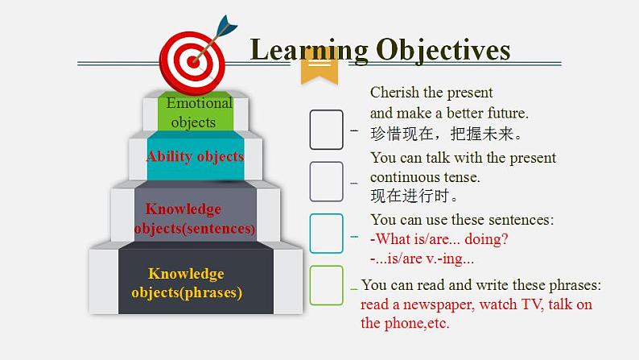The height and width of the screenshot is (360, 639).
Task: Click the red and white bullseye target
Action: click(x=192, y=63)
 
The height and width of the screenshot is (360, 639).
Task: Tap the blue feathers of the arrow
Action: click(x=227, y=25)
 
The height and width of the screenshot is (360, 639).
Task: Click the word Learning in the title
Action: click(x=309, y=51)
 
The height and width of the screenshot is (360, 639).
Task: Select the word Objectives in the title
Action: click(x=443, y=51)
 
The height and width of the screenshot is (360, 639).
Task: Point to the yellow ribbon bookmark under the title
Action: click(x=319, y=71)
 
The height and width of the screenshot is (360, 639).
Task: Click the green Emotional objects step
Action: click(x=196, y=112)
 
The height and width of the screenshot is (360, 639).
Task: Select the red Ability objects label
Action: click(x=196, y=156)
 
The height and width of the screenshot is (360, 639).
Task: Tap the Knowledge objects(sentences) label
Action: click(x=195, y=218)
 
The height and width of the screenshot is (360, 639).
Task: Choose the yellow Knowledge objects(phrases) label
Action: click(x=187, y=283)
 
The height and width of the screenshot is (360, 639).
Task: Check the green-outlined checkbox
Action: click(x=326, y=285)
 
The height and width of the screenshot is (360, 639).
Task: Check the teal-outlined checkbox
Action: click(x=326, y=234)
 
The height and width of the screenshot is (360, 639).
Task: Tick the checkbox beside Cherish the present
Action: click(x=326, y=130)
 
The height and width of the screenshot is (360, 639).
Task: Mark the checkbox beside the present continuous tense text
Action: click(x=326, y=181)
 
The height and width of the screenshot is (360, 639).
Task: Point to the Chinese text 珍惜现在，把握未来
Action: click(x=446, y=134)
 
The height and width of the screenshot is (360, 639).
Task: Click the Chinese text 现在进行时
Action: click(x=414, y=196)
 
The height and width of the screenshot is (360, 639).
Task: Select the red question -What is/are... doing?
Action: click(x=439, y=239)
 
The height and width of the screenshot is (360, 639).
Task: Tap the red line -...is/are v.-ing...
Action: click(x=423, y=259)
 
